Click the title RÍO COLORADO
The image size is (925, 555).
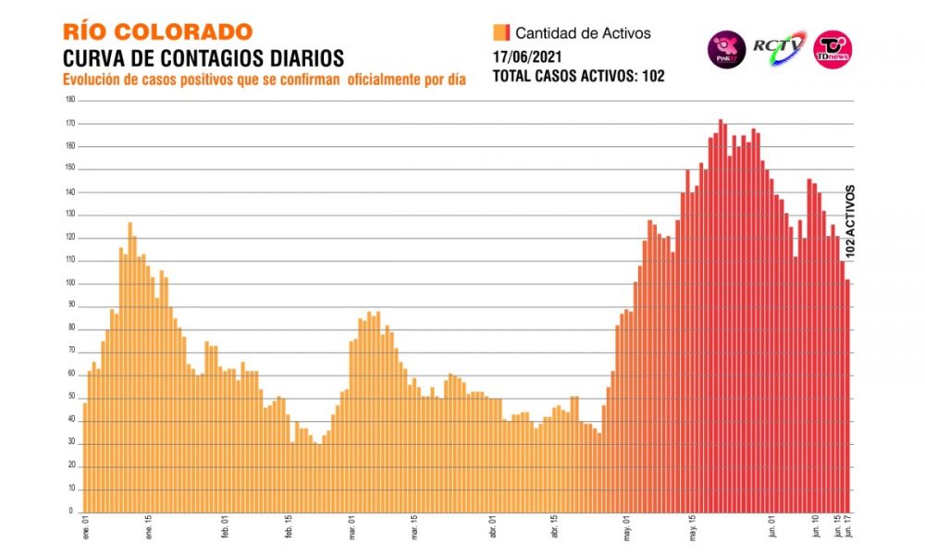(156, 32)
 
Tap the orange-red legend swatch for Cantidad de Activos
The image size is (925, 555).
(502, 33)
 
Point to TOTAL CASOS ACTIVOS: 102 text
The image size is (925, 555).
(578, 76)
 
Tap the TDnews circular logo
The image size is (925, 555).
(832, 48)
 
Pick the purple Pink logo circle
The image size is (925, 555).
(725, 48)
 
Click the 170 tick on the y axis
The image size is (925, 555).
(69, 123)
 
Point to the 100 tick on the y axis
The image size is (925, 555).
(69, 282)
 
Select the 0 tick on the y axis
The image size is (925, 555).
(71, 511)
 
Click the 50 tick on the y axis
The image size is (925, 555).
(70, 397)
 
